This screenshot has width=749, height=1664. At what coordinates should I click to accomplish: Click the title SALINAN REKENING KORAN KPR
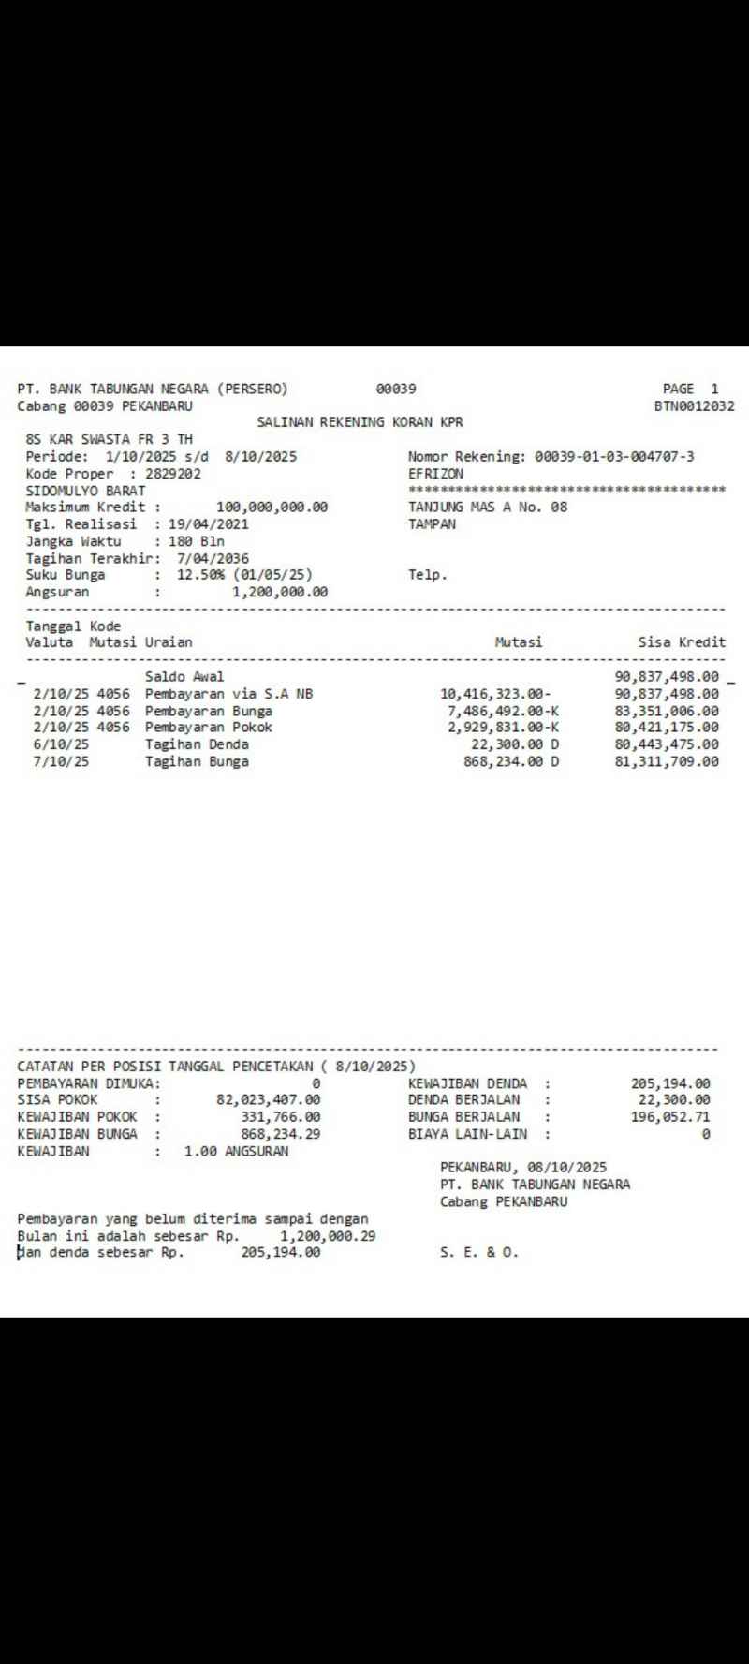360,422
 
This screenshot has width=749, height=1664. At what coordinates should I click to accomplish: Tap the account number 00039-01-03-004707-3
614,457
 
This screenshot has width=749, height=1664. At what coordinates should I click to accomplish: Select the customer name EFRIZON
435,474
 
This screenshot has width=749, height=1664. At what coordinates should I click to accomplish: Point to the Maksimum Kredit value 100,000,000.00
272,508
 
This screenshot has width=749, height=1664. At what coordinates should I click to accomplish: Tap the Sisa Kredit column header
682,642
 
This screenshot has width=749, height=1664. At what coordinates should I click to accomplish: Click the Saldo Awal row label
184,677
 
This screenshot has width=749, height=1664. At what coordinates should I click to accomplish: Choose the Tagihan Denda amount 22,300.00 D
515,744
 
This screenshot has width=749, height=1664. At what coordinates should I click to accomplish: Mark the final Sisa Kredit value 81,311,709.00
667,762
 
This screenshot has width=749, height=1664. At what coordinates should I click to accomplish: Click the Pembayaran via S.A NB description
228,694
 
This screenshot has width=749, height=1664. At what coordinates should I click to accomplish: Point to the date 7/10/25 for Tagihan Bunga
61,762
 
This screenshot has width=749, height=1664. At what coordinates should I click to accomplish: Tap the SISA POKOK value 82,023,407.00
268,1100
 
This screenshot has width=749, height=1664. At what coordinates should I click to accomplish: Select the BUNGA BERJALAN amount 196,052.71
670,1117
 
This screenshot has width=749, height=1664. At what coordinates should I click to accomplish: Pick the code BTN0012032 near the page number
694,406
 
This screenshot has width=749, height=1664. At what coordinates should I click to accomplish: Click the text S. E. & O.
478,1253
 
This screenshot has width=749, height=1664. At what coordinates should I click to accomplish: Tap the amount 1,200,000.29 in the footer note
328,1236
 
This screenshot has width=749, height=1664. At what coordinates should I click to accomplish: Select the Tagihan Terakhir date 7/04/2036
213,559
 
